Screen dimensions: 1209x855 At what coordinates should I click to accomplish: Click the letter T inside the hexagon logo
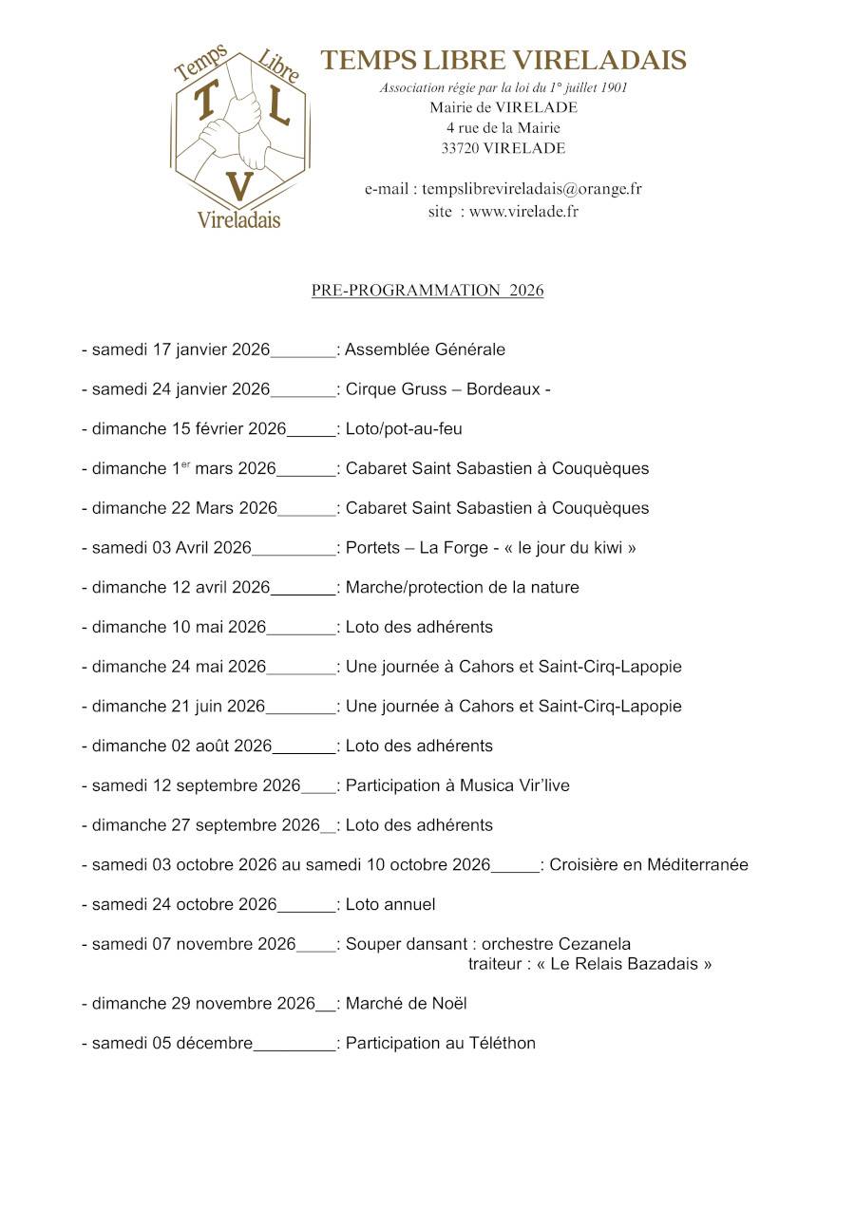[x=204, y=103]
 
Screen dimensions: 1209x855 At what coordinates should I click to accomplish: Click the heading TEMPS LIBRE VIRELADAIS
[x=503, y=61]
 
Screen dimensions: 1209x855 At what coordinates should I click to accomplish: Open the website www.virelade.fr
[x=523, y=212]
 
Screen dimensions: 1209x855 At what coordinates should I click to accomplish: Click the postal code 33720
[x=460, y=148]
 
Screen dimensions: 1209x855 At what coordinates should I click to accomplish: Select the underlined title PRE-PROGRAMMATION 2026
[x=427, y=291]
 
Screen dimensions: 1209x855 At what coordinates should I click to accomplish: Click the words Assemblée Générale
[x=425, y=349]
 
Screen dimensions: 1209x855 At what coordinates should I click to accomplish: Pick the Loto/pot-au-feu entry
[x=404, y=429]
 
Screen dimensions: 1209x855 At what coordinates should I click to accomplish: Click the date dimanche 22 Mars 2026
[x=184, y=508]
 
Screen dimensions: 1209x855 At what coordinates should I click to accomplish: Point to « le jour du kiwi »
[x=577, y=548]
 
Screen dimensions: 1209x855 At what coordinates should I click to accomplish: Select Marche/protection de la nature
[x=462, y=588]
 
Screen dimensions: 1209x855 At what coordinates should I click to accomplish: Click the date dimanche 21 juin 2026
[x=179, y=707]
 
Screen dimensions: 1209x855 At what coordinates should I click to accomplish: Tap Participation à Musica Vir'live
[x=457, y=785]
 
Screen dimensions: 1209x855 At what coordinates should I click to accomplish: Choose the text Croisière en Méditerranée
[x=649, y=865]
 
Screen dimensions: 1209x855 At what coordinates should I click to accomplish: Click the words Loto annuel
[x=390, y=904]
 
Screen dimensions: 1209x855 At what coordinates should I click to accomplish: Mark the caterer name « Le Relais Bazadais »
[x=631, y=964]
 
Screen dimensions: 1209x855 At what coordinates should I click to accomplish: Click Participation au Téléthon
[x=440, y=1044]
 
